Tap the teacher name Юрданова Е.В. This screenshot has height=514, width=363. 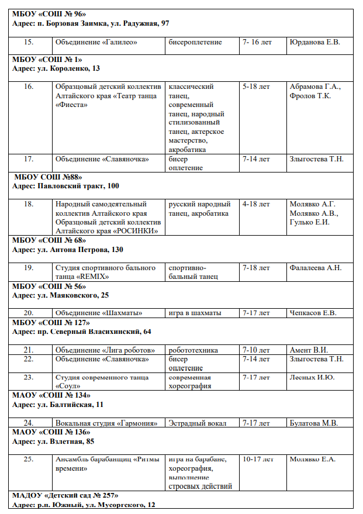tap(314, 42)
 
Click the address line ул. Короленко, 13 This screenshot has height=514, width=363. tap(56, 68)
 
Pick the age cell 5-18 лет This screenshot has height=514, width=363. tap(256, 87)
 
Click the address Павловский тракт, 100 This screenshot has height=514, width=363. tap(65, 185)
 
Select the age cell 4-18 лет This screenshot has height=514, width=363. tap(256, 204)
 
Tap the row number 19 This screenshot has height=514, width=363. tap(29, 268)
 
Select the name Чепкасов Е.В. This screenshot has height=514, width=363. tap(313, 313)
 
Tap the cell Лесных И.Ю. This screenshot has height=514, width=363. tap(312, 377)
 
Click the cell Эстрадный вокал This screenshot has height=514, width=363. tap(198, 423)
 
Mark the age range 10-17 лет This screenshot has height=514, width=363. tap(258, 459)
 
